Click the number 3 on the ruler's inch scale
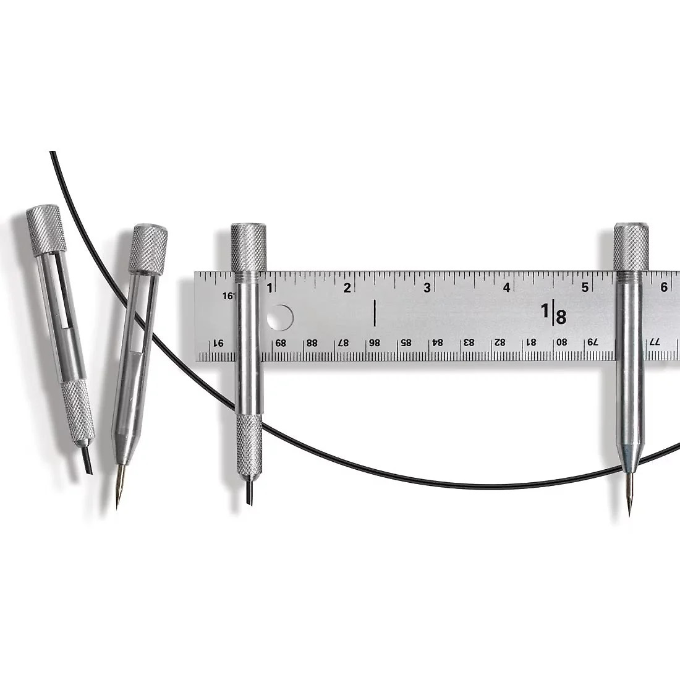click(x=427, y=287)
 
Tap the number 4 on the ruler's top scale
click(x=506, y=287)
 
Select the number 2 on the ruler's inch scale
click(x=347, y=287)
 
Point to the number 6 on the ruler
click(x=664, y=287)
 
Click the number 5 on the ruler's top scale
click(x=585, y=287)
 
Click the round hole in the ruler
click(x=280, y=318)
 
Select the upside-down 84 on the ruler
click(x=438, y=342)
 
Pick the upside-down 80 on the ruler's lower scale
click(x=561, y=342)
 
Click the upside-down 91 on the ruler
click(x=218, y=344)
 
